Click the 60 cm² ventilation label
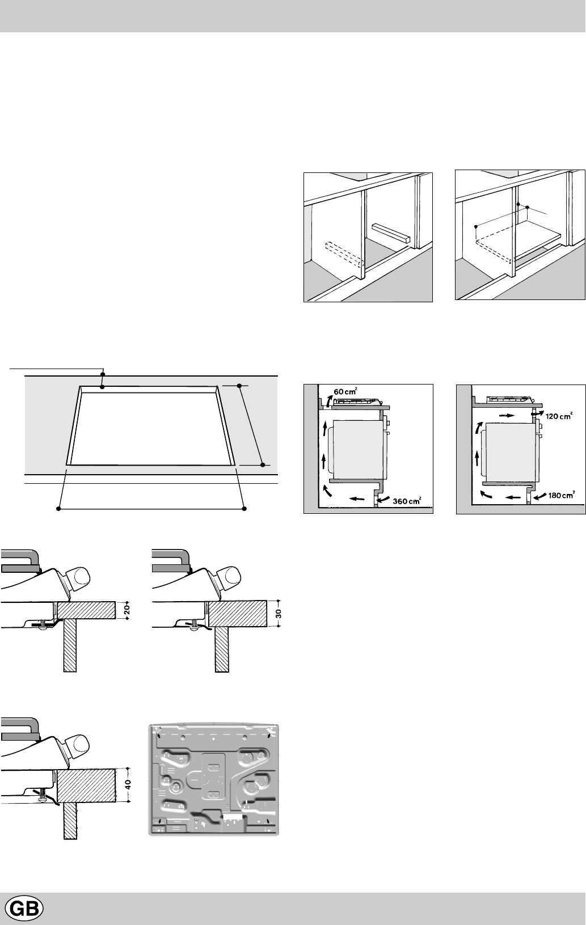345,391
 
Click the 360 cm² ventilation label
407,501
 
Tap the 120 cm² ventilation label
559,416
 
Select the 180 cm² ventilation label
562,495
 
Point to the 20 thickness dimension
127,610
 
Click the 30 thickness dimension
279,613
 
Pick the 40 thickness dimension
128,784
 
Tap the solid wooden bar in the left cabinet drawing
390,233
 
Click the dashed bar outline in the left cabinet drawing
344,255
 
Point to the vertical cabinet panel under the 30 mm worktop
222,649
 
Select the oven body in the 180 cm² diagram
510,452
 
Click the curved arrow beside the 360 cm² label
384,500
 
